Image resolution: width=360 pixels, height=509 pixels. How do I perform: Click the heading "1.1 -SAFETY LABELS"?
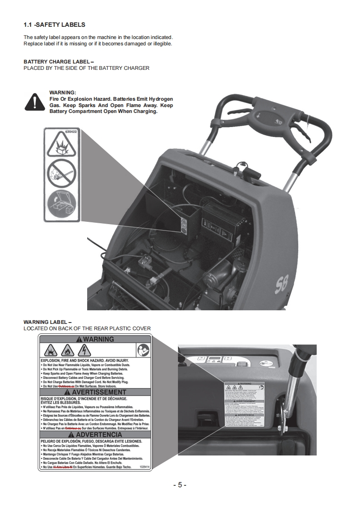[x=54, y=24]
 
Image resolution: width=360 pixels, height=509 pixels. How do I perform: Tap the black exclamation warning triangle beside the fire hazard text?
[x=34, y=102]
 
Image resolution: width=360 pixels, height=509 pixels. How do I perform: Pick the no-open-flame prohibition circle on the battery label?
[x=61, y=172]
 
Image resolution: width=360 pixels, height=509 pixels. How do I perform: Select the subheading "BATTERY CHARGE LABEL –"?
[x=59, y=62]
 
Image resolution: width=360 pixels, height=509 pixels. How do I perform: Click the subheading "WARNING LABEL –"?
[x=47, y=322]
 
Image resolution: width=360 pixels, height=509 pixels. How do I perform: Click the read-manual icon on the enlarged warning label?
[x=143, y=350]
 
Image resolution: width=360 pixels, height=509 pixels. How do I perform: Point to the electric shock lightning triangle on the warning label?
[x=84, y=350]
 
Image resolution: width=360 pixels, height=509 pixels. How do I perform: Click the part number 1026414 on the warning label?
[x=145, y=466]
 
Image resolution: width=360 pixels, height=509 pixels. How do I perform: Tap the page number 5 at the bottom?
[x=180, y=485]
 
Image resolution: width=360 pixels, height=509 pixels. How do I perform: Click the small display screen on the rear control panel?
[x=213, y=360]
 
